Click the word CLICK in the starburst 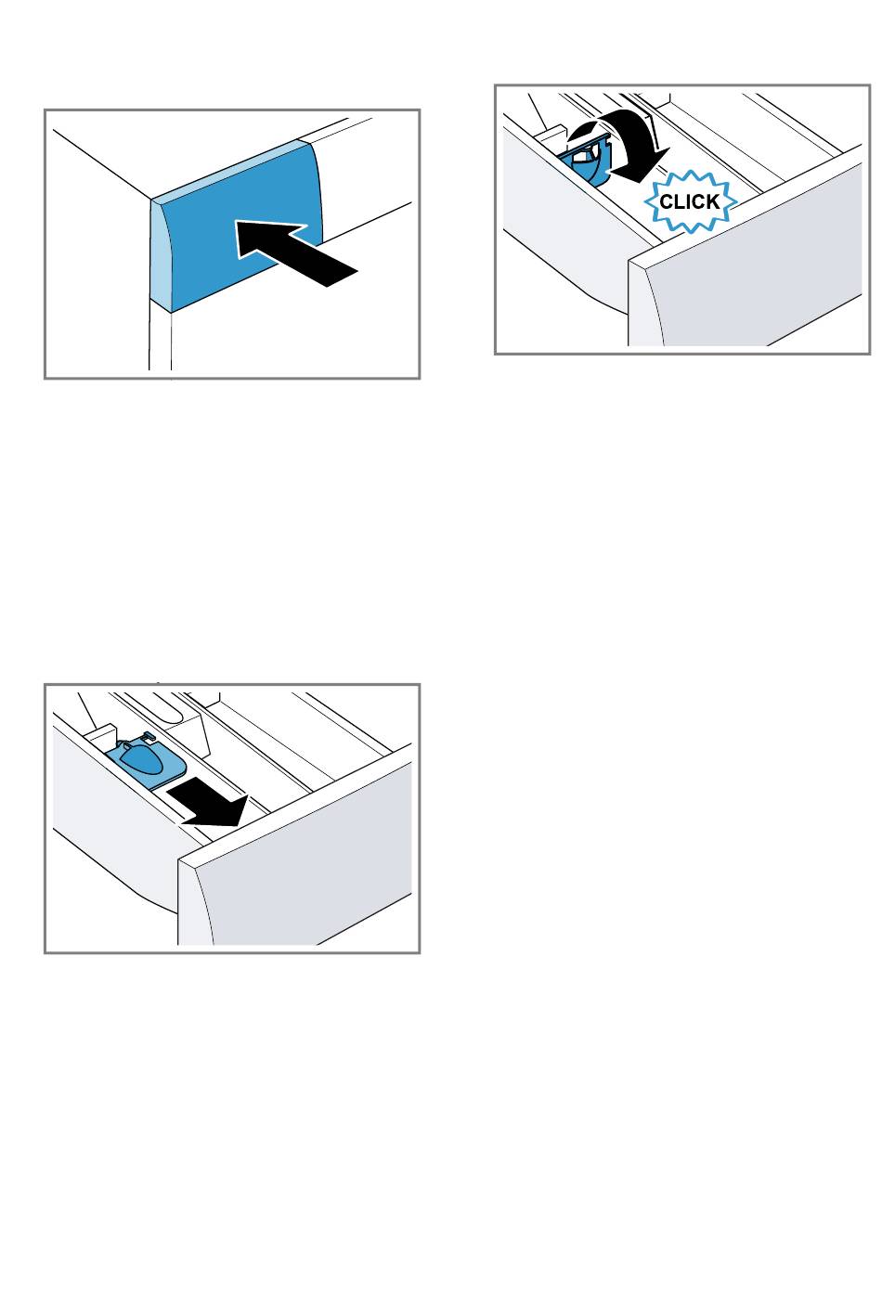[689, 201]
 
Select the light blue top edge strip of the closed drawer [227, 171]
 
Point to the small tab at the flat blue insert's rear [149, 734]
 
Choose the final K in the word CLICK [713, 201]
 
